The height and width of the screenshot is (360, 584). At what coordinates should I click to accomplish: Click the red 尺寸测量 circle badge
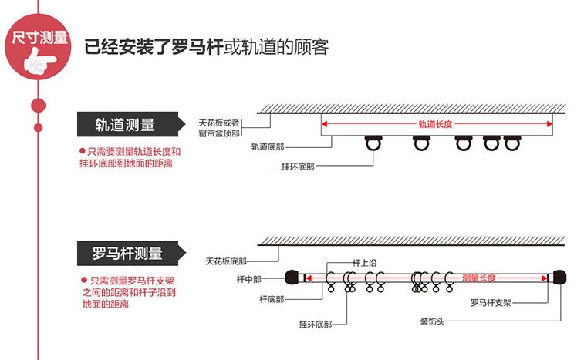coord(38,47)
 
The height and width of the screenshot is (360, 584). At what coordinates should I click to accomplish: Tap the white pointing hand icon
coord(40,62)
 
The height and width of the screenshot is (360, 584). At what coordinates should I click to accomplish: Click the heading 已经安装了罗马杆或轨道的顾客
coord(206,47)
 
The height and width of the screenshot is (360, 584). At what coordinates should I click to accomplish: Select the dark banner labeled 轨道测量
coord(130,124)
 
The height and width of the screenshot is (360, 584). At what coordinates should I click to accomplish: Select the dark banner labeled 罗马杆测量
coord(130,253)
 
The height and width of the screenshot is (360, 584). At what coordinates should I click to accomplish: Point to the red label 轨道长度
coord(435,124)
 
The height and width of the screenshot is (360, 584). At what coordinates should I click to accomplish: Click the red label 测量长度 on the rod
coord(478,278)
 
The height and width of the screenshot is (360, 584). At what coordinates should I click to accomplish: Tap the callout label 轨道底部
coord(268,147)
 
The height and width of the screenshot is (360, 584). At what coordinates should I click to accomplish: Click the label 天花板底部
coord(226,261)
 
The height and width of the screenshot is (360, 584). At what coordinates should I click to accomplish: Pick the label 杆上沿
coord(364,263)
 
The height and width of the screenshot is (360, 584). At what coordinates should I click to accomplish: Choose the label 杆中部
coord(248,279)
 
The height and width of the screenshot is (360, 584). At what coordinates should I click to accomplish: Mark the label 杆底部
coord(272,299)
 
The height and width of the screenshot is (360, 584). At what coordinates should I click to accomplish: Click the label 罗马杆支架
coord(491,303)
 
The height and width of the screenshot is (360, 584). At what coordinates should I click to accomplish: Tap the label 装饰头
coord(432,321)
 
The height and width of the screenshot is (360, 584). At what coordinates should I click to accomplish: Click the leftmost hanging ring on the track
coord(373,143)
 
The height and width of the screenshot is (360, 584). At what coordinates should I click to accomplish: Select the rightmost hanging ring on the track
coord(512,143)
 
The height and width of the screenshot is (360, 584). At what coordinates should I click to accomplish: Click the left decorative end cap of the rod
coord(292,278)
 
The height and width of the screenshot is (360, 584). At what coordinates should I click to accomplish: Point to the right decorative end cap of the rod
coord(559,278)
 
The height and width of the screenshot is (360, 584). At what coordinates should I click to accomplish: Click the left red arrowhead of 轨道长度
coord(324,124)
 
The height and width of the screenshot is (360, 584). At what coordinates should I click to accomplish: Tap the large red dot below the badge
coord(38,106)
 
